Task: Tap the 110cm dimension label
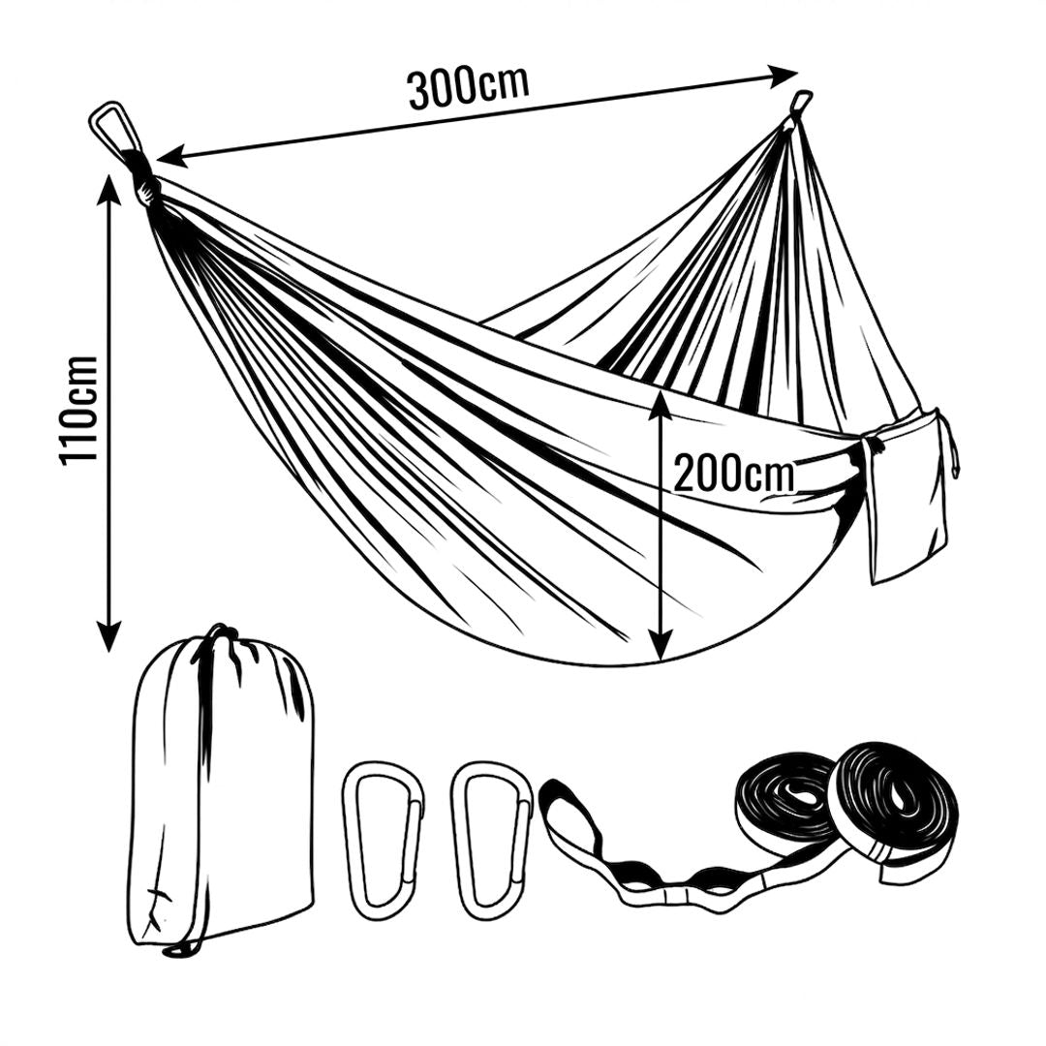(x=78, y=411)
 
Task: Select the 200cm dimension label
(x=734, y=473)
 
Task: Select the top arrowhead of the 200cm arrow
(x=660, y=406)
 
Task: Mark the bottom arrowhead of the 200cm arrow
(x=660, y=645)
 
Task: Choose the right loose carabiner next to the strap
(x=492, y=841)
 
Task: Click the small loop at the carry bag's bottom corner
(x=174, y=951)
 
